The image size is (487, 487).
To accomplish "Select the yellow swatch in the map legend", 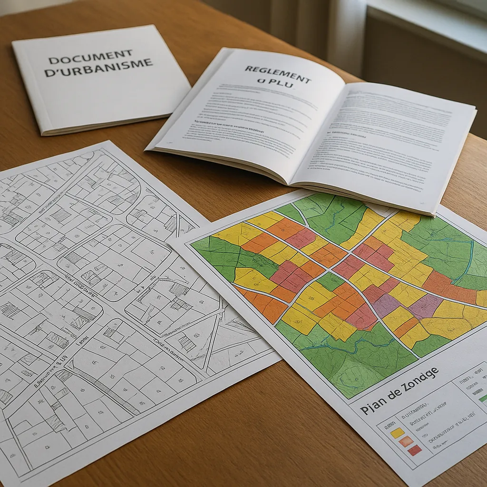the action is click(x=397, y=432).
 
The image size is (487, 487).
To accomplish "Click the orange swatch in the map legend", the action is click(x=406, y=441).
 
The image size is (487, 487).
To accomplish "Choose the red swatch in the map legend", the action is click(x=415, y=450).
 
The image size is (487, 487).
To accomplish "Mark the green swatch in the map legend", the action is click(x=483, y=398).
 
